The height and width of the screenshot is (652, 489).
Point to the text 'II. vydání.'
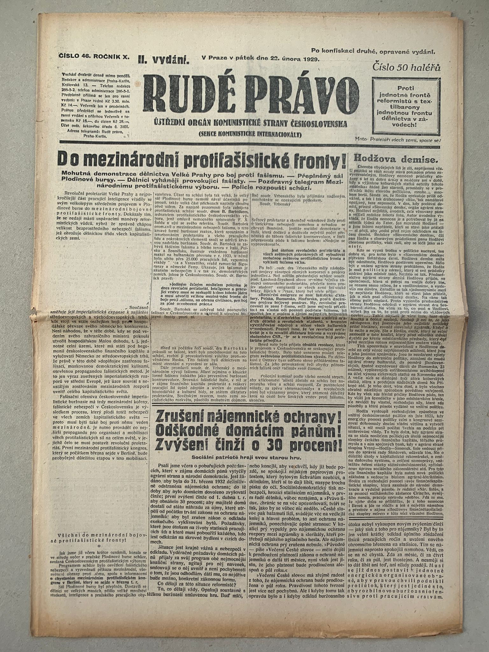coord(164,58)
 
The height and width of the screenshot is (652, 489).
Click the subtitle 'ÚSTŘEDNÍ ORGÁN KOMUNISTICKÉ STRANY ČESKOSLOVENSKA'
coord(250,123)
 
